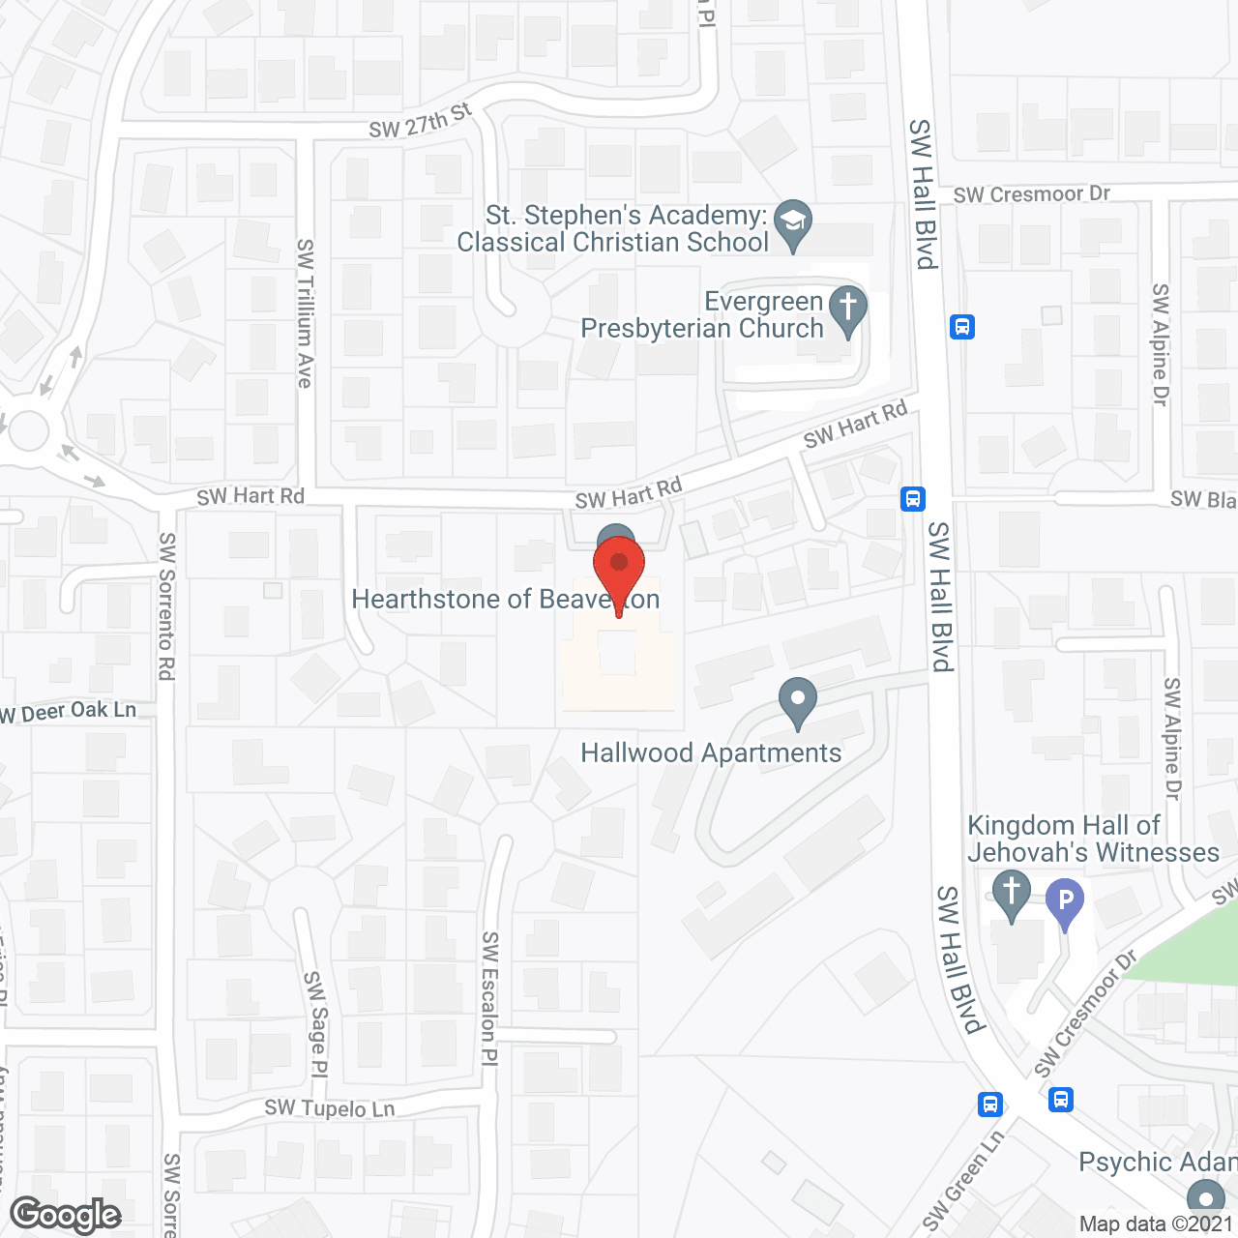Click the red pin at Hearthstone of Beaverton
point(619,566)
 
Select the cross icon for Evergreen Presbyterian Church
point(848,309)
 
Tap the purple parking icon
point(1065,901)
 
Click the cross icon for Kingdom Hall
point(1012,892)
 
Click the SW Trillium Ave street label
point(306,313)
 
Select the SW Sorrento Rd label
point(167,606)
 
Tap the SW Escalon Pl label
point(490,998)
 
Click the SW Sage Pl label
point(316,1024)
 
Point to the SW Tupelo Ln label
point(330,1108)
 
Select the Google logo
point(66,1215)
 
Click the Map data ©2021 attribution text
point(1156,1224)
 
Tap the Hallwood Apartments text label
point(711,753)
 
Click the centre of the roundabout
point(26,431)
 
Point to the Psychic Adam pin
point(1205,1197)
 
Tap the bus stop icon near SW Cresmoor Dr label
point(961,326)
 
